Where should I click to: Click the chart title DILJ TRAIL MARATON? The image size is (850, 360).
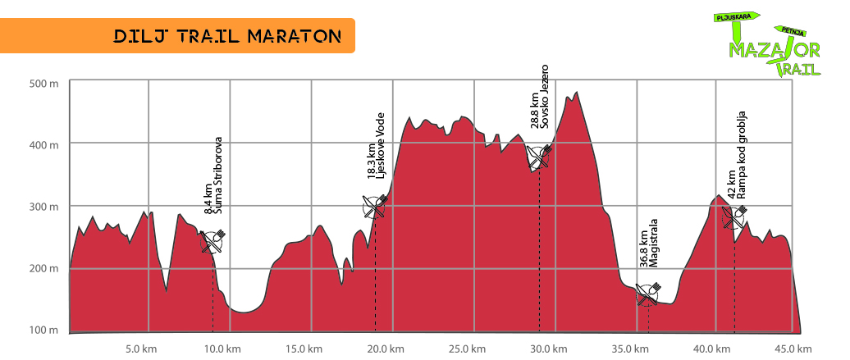point(226,36)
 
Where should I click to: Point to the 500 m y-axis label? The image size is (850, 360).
point(43,83)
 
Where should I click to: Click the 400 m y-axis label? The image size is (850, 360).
point(43,145)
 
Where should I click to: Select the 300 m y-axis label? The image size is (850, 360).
point(43,207)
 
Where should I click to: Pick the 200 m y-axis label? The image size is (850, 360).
point(43,268)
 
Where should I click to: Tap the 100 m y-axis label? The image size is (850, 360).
point(43,330)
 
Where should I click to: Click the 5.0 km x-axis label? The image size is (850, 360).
point(142,349)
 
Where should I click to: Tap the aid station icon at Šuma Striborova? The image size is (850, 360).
point(213,241)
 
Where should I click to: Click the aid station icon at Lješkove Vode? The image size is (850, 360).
point(375,206)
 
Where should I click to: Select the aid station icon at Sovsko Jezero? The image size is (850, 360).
point(539,155)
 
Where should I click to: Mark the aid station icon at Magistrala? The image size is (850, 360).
point(648,293)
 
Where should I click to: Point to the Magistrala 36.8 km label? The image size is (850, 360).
point(648,248)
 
